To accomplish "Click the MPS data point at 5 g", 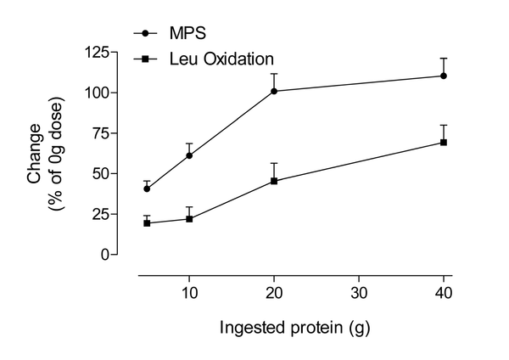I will click(147, 188).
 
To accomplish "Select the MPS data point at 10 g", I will click(189, 155).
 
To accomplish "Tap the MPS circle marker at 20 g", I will click(274, 91).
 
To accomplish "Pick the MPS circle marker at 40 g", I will click(444, 76).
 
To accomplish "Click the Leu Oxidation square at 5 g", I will click(147, 223).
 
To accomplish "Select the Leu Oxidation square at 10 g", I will click(189, 219).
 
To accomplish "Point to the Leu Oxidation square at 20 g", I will click(274, 181).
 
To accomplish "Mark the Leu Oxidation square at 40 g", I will click(444, 142).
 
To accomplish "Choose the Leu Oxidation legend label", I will click(221, 59).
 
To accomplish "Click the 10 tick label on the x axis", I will click(189, 293).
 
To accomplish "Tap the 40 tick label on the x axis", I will click(444, 293).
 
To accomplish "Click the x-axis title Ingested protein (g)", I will click(295, 326).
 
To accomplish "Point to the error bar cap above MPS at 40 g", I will click(444, 58).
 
